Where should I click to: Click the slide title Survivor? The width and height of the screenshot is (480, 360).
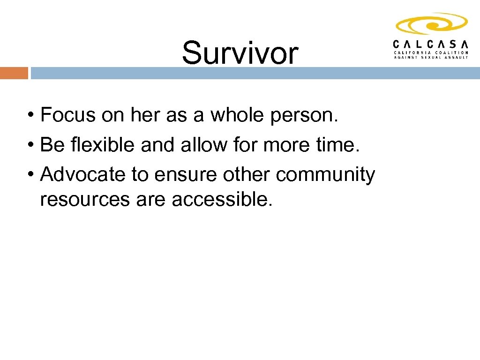point(240,52)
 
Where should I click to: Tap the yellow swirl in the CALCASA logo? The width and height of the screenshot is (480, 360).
point(431,23)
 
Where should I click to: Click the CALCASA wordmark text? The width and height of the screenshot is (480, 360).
point(431,44)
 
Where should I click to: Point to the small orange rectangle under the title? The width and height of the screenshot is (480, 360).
point(14,73)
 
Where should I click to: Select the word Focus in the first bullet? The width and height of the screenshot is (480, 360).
point(69,115)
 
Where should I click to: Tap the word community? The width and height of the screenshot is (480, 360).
point(326,175)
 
